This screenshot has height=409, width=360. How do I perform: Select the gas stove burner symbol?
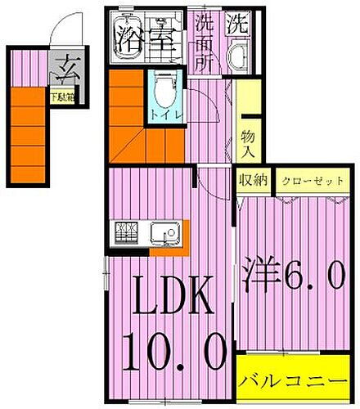point(128,234)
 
